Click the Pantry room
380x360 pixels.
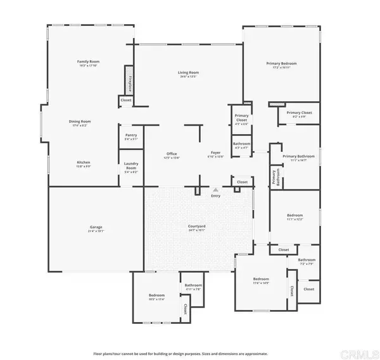(x=131, y=135)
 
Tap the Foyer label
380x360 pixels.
(x=216, y=154)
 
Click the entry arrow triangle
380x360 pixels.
(x=216, y=189)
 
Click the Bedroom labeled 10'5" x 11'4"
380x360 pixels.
(x=156, y=296)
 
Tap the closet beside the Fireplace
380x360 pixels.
(x=125, y=100)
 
